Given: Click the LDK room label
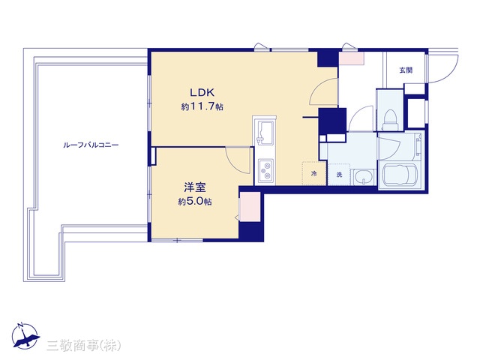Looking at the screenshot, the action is click(202, 92).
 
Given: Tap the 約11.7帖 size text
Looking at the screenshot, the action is click(202, 106).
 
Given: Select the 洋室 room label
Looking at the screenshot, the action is click(195, 187).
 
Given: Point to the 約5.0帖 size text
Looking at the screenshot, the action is click(195, 202).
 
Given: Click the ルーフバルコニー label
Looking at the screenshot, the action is click(91, 145).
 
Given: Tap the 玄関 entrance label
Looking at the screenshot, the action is click(406, 70).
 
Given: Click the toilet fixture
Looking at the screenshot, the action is click(390, 120).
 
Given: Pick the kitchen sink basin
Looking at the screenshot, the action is click(265, 133).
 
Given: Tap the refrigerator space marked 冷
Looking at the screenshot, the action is click(313, 174).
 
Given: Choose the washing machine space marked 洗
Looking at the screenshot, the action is click(339, 175).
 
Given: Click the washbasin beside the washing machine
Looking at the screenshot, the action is click(364, 177).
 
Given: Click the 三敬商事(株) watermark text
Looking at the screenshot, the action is click(83, 346).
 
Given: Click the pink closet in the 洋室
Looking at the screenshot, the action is click(250, 207).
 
